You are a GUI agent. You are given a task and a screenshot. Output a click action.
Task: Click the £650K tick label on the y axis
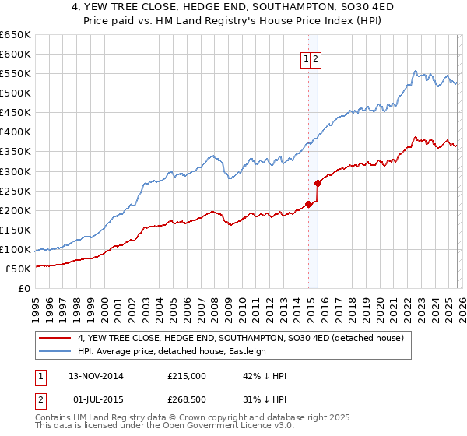point(16,35)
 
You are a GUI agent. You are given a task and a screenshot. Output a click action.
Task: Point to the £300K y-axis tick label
point(16,171)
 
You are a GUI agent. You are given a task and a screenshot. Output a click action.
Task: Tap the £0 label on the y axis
point(24,289)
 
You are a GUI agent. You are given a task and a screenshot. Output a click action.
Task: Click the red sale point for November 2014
point(309,204)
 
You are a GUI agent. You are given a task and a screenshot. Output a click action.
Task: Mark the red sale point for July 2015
point(318,184)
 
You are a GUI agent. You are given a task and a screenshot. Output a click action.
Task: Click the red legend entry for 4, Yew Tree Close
point(240,339)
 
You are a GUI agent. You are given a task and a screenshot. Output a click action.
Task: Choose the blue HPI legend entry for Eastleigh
point(171,351)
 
